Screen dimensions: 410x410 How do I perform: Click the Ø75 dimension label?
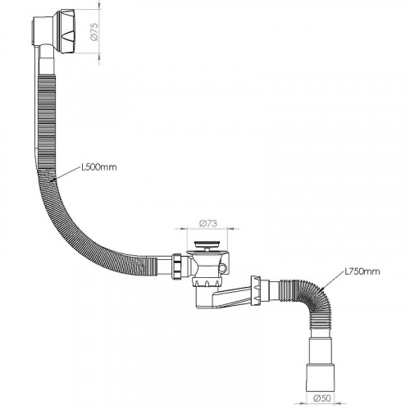point(93,31)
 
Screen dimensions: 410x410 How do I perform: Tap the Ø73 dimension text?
point(208,224)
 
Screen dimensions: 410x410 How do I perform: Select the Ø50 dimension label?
point(323,399)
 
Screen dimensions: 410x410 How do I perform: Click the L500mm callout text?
point(99,166)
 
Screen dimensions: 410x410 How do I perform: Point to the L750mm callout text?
point(362,271)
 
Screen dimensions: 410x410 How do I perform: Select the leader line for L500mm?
point(66,174)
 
